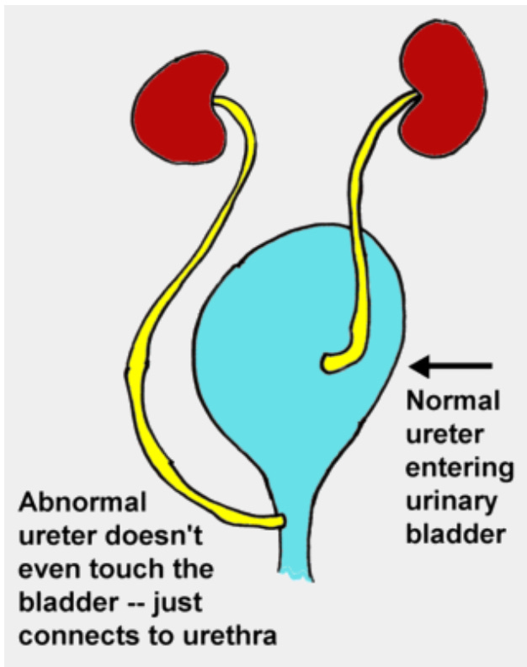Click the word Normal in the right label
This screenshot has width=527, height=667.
pyautogui.click(x=446, y=402)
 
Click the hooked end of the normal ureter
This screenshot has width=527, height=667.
pyautogui.click(x=333, y=363)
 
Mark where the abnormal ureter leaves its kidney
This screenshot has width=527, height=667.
pyautogui.click(x=221, y=104)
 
